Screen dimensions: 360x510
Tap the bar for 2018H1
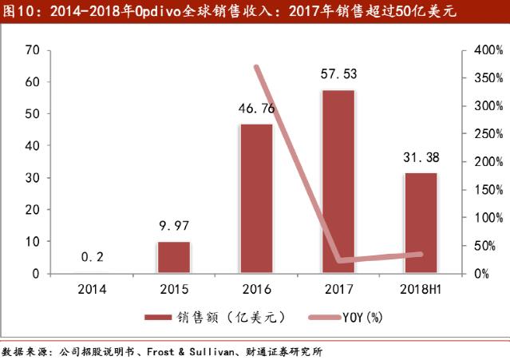[421, 223]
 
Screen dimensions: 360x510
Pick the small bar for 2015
[173, 257]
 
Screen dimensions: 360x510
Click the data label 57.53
[338, 74]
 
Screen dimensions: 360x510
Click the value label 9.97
[173, 226]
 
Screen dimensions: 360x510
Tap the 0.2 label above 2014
[91, 257]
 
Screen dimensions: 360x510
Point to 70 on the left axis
[32, 50]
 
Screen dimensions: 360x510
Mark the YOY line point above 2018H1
[421, 254]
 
